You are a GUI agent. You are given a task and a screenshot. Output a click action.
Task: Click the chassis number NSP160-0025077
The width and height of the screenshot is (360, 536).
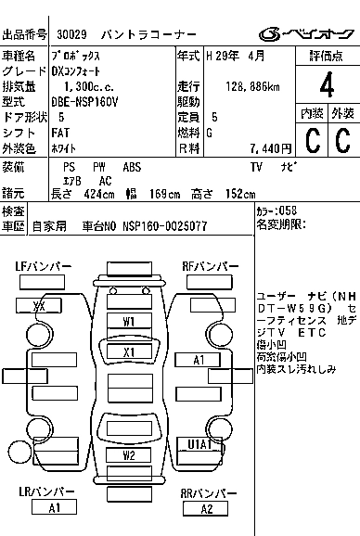click(x=164, y=225)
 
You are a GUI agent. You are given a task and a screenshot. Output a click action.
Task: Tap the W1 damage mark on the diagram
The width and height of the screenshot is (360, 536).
click(x=129, y=321)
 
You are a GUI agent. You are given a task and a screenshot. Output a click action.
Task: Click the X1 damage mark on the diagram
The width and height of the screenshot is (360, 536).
click(x=129, y=352)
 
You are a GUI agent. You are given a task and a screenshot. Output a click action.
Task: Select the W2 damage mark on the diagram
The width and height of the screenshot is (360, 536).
click(x=129, y=455)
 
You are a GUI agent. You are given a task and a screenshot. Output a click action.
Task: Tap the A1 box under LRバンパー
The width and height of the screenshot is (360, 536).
click(x=54, y=508)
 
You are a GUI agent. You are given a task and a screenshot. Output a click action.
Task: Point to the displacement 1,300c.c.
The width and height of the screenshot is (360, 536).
click(x=84, y=86)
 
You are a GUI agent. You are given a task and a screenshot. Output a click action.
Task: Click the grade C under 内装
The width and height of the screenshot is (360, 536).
click(x=311, y=140)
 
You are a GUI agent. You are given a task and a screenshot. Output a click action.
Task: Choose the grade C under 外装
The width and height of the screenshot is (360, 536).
click(x=341, y=140)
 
